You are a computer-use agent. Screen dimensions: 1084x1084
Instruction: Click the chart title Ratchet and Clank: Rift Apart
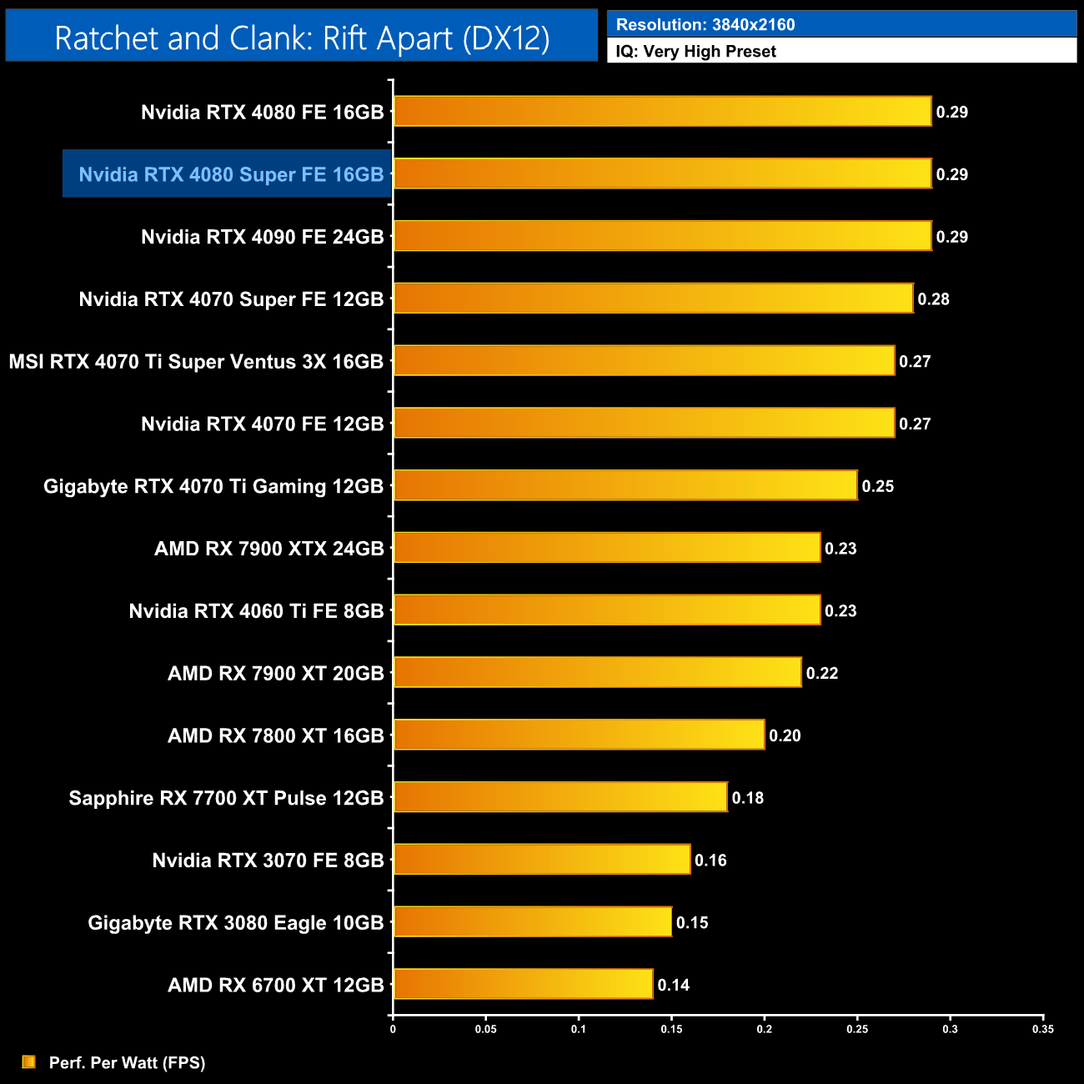coord(302,38)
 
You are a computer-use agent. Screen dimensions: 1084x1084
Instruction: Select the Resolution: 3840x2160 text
coord(705,24)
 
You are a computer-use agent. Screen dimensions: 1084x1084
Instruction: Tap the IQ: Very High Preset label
coord(695,51)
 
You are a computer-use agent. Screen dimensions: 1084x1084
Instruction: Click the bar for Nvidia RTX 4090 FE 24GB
coord(662,236)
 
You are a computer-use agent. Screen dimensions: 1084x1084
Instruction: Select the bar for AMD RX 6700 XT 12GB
coord(523,984)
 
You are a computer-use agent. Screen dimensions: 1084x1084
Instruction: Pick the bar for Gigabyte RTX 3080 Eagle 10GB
coord(532,921)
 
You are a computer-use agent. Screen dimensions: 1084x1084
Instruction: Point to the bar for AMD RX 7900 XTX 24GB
coord(607,548)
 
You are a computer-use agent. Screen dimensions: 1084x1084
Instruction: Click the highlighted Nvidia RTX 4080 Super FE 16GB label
coord(231,174)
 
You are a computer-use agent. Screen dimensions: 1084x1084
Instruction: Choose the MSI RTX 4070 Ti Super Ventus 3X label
coord(196,361)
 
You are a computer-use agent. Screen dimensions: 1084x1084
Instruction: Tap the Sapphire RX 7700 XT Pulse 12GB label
coord(226,798)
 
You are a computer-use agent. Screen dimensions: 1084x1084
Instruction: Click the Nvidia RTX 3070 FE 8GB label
coord(268,860)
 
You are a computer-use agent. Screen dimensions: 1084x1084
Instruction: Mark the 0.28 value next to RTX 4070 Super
coord(933,299)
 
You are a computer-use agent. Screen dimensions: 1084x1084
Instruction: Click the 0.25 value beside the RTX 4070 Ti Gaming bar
coord(877,486)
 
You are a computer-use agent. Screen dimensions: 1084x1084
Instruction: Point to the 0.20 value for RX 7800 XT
coord(785,735)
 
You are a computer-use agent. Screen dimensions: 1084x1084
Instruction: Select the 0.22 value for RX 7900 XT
coord(821,673)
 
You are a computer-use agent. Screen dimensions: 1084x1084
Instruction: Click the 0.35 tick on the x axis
coord(1042,1029)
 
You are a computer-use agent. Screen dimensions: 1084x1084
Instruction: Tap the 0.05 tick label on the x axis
coord(485,1029)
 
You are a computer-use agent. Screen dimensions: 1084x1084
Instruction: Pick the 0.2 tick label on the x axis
coord(764,1029)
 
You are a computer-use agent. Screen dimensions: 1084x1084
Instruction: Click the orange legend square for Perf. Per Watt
coord(29,1061)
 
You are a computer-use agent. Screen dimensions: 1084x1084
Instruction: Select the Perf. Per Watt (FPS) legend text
coord(127,1062)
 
